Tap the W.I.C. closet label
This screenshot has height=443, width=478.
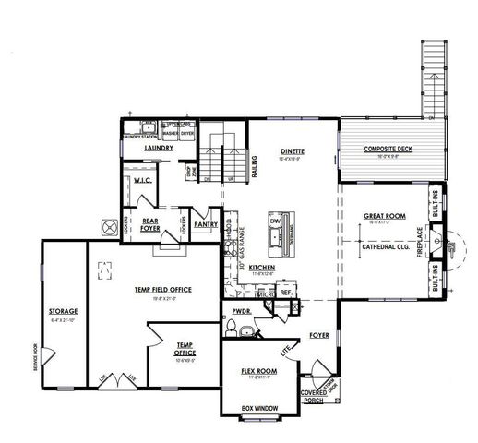tap(143, 180)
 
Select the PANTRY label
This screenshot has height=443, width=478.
tap(206, 223)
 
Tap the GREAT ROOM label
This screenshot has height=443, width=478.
tap(386, 216)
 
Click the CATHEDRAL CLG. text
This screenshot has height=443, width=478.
tap(386, 247)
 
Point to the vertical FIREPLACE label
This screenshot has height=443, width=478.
tap(421, 243)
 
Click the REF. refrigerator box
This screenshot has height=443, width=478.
tap(286, 293)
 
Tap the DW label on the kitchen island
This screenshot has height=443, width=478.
tap(275, 222)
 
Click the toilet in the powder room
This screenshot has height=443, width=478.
tap(231, 327)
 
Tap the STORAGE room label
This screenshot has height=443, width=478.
tap(63, 311)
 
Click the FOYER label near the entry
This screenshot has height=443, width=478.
tap(319, 335)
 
